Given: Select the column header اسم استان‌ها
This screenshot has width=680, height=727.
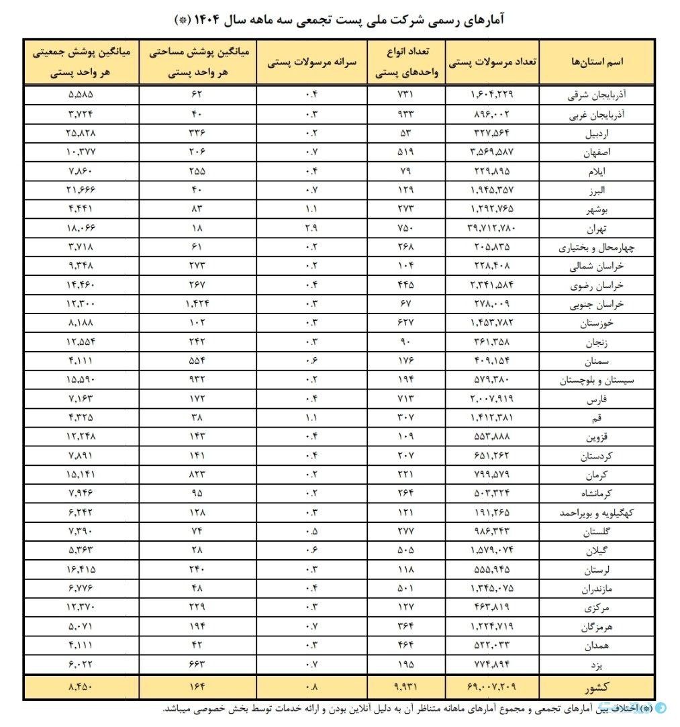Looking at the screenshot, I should click(597, 61).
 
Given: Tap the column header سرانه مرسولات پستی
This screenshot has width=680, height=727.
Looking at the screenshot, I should click(312, 61).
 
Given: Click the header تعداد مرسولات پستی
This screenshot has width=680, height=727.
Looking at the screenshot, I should click(492, 61).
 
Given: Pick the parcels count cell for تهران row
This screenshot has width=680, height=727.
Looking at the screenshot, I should click(492, 228).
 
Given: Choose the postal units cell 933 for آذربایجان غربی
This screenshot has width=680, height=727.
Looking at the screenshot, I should click(406, 114).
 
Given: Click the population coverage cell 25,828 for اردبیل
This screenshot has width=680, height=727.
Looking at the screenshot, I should click(81, 134).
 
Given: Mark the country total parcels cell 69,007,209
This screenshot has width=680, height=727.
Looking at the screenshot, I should click(492, 688).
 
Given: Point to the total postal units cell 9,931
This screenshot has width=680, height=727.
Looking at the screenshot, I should click(406, 688).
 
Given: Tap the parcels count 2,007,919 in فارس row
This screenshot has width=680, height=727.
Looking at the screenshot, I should click(492, 399).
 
